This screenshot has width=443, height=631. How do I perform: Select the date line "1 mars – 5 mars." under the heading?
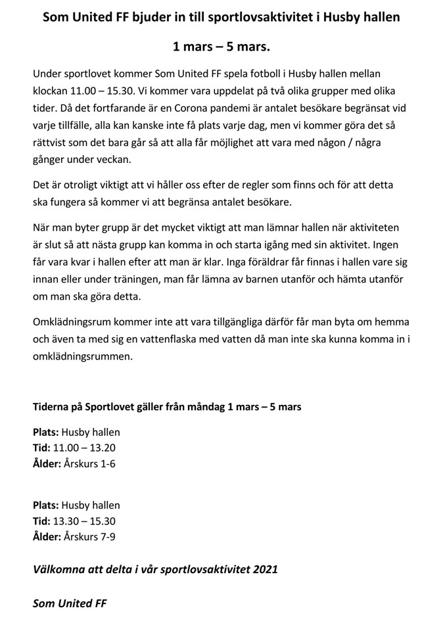[x=221, y=47]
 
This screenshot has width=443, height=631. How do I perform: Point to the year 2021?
[x=264, y=569]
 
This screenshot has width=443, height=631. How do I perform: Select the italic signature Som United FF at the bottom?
[x=70, y=603]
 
